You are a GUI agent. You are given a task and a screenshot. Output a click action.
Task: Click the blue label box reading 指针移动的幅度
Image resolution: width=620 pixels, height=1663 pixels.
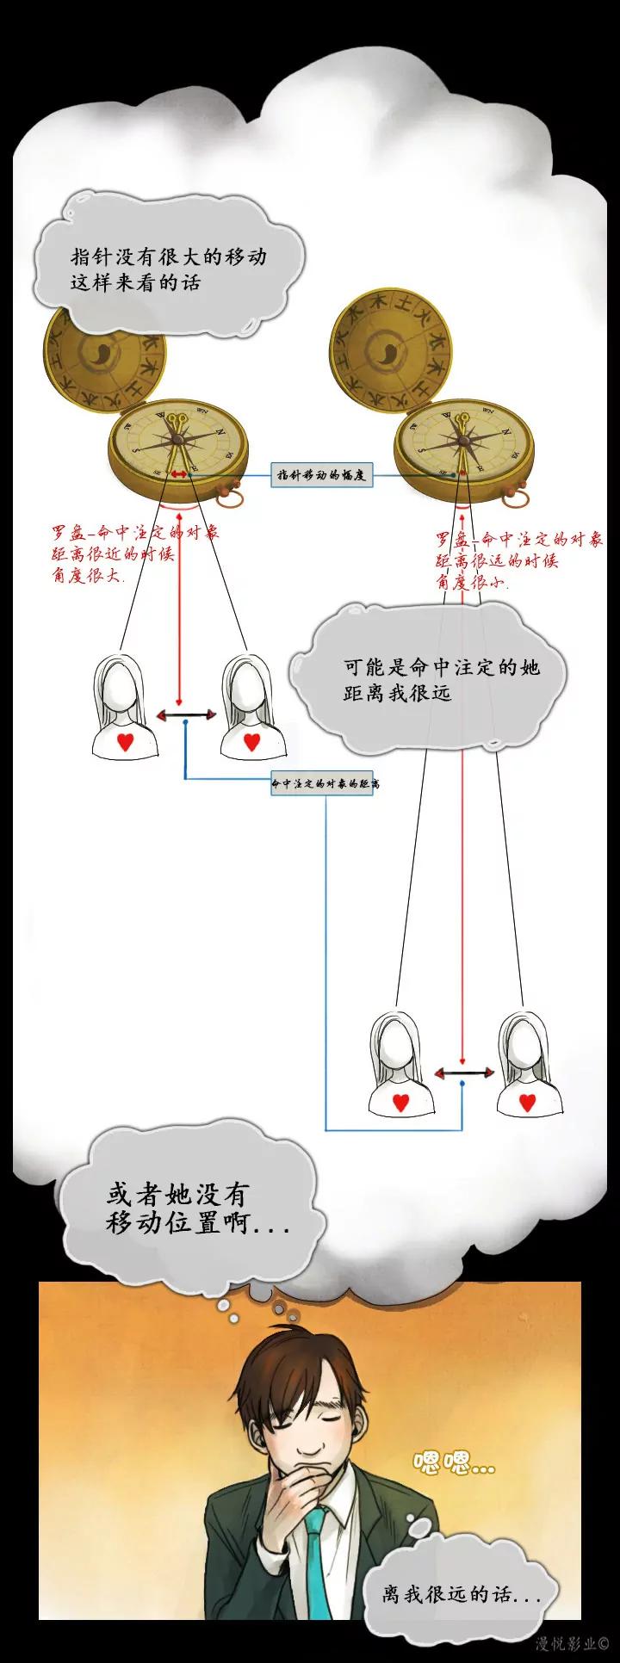coord(322,475)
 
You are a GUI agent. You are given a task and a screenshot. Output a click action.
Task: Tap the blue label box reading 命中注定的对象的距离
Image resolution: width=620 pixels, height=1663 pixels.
coord(323,783)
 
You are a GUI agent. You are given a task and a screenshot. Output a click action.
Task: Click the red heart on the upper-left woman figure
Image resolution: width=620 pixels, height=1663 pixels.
coord(126,741)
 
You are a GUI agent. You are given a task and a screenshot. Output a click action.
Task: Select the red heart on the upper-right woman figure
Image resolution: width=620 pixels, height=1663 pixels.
coord(251,741)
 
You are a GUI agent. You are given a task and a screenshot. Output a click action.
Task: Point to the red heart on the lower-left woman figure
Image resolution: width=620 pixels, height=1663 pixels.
coord(401,1103)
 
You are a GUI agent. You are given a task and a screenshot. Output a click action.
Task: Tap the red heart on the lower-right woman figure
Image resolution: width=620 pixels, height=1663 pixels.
coord(528,1102)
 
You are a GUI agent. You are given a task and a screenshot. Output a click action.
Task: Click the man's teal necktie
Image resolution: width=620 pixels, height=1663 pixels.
coord(317,1562)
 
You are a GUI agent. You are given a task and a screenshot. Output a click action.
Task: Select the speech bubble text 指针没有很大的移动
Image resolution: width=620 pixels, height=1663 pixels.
coord(169,257)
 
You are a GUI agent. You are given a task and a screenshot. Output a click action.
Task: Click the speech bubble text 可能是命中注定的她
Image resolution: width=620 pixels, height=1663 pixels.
coord(441,667)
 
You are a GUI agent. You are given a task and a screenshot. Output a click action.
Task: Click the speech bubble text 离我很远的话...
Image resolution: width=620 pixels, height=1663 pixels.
coord(462,1595)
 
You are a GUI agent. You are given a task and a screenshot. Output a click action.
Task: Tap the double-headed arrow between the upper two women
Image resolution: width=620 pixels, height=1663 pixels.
coord(186,715)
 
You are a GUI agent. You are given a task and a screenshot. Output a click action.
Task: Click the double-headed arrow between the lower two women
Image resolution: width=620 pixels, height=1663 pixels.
coord(464,1073)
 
